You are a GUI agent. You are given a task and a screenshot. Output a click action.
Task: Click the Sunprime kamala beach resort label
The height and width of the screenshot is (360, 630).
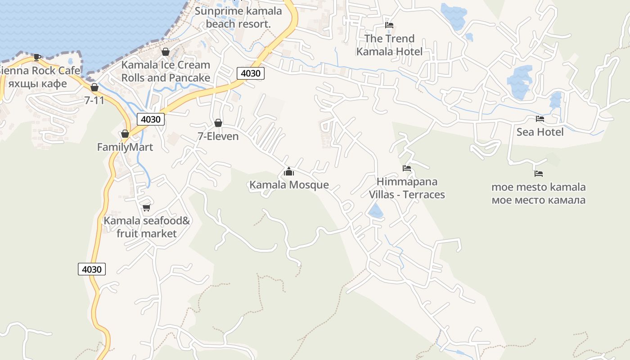tap(238, 17)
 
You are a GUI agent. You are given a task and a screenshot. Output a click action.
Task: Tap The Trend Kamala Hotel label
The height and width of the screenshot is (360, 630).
tap(389, 45)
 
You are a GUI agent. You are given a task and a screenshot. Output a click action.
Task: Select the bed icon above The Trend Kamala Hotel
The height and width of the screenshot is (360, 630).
tap(389, 25)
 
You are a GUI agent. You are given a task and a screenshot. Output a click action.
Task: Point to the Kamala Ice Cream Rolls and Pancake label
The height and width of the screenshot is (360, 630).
tap(166, 71)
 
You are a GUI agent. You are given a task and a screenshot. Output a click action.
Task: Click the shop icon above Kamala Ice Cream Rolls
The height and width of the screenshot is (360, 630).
tap(166, 52)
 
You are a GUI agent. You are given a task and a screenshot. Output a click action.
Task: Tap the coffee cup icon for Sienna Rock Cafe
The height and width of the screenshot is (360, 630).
tap(37, 57)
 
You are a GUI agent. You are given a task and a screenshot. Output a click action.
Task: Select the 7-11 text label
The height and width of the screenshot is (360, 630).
tap(94, 100)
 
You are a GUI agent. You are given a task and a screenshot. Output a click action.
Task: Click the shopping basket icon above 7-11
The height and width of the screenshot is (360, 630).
tap(94, 87)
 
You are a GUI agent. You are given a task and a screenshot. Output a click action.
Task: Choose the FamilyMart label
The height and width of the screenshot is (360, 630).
tap(125, 147)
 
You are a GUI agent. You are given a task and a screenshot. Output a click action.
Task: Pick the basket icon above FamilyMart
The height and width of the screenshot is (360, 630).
tap(125, 134)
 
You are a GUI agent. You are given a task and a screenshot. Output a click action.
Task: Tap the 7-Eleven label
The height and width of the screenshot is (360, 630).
tap(218, 136)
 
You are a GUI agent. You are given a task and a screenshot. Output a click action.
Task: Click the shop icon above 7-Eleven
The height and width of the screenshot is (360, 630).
tap(218, 123)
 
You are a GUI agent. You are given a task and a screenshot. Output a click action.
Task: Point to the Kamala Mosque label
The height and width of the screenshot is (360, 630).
tap(289, 185)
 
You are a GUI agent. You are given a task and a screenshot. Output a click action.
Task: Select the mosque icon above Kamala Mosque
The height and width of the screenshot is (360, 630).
tap(289, 171)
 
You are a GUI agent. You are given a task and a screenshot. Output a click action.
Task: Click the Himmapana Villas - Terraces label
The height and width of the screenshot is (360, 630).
tap(407, 188)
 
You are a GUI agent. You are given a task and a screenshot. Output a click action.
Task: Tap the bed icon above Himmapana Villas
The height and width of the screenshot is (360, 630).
tap(407, 168)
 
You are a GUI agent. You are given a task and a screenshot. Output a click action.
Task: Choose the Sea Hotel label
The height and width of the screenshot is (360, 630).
tap(540, 132)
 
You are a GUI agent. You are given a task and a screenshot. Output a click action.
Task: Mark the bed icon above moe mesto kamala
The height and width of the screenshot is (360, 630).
tap(539, 173)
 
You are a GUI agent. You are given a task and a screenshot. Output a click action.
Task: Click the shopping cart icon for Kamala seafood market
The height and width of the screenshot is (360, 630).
tap(146, 207)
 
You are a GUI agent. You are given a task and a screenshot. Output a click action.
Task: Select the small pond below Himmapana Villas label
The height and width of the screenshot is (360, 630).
tap(376, 211)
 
